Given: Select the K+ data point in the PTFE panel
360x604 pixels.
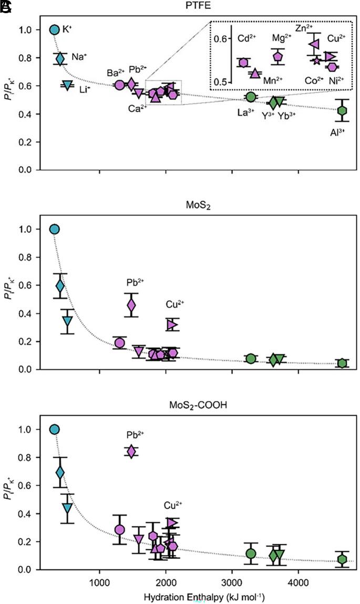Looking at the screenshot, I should (54, 29).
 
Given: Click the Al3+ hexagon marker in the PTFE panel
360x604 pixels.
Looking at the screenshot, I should (342, 110).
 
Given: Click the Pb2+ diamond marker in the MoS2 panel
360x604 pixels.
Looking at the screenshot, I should (131, 305).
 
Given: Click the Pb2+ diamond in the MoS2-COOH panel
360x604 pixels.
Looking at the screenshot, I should (131, 452).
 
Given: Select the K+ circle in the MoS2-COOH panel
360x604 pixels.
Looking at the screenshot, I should (54, 429).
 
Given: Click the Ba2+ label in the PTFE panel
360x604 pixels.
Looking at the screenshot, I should (116, 73).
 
